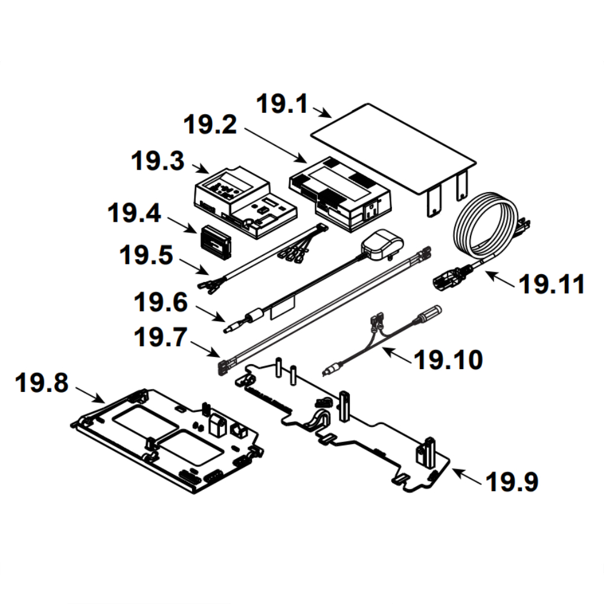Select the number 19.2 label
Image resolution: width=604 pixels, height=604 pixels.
click(210, 126)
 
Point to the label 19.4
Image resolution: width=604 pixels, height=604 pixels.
click(135, 212)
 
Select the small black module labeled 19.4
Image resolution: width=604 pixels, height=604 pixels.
click(214, 241)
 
